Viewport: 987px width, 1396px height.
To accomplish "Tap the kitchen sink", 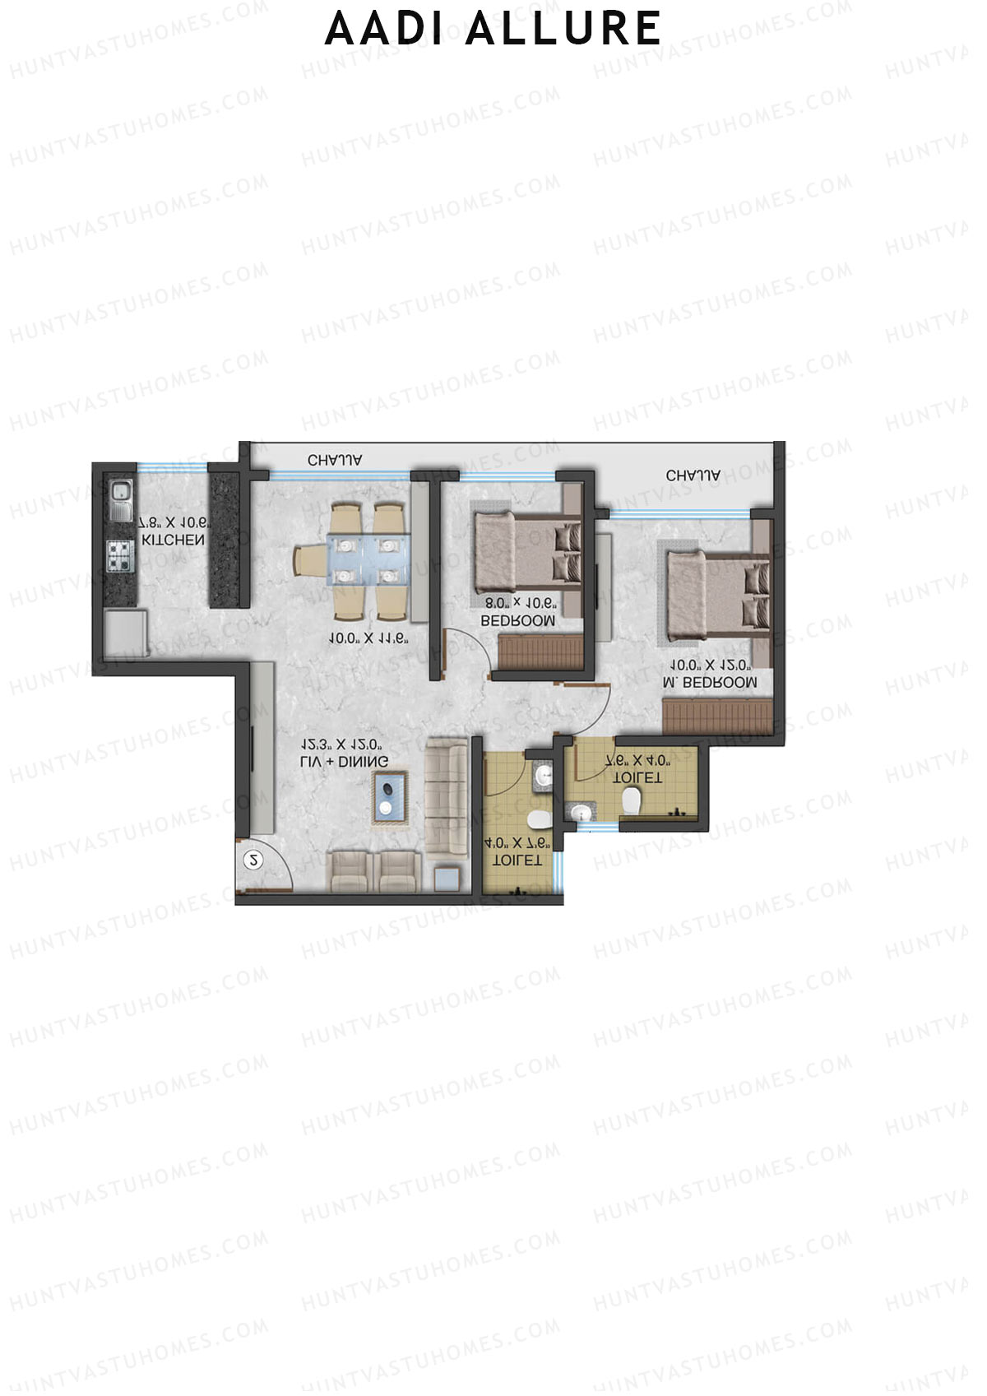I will [121, 499].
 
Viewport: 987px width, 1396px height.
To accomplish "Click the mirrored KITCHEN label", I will [173, 540].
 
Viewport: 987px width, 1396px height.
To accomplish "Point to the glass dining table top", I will [368, 559].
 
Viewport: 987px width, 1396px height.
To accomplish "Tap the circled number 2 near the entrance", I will [254, 860].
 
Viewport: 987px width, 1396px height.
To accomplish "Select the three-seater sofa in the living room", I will [446, 797].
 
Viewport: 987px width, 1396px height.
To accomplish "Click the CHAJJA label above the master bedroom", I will [693, 475].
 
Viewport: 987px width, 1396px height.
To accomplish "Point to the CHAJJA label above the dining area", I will [335, 461].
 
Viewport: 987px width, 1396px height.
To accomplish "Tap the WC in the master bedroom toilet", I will [632, 800].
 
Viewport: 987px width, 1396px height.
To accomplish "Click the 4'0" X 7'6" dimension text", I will [517, 844].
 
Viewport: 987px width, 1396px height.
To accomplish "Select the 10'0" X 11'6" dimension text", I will [368, 638].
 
